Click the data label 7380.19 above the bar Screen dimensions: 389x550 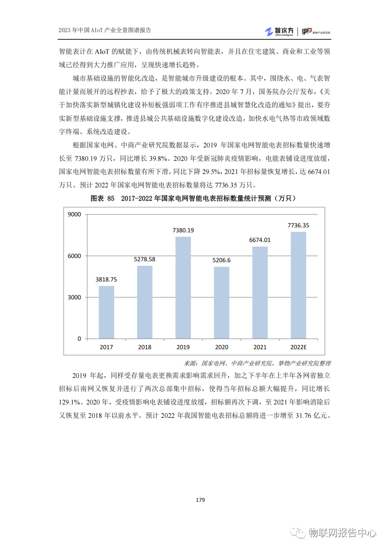[x=183, y=230]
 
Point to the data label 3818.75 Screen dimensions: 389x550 [x=106, y=279]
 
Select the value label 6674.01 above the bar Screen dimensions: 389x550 [x=260, y=240]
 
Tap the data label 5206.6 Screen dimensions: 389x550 [x=221, y=260]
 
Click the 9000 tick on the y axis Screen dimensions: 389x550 [x=74, y=215]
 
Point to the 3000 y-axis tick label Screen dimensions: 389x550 [x=74, y=297]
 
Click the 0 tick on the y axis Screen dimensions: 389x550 [x=79, y=339]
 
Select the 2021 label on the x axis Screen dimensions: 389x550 [x=260, y=347]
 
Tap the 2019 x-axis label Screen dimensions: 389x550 [x=183, y=347]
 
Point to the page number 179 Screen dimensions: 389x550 [x=200, y=500]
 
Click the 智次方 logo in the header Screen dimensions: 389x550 [x=279, y=31]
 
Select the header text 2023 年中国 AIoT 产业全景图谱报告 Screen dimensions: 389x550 [x=105, y=30]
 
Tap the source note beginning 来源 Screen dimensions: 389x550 [x=257, y=363]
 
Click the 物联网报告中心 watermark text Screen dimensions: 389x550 [x=342, y=533]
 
